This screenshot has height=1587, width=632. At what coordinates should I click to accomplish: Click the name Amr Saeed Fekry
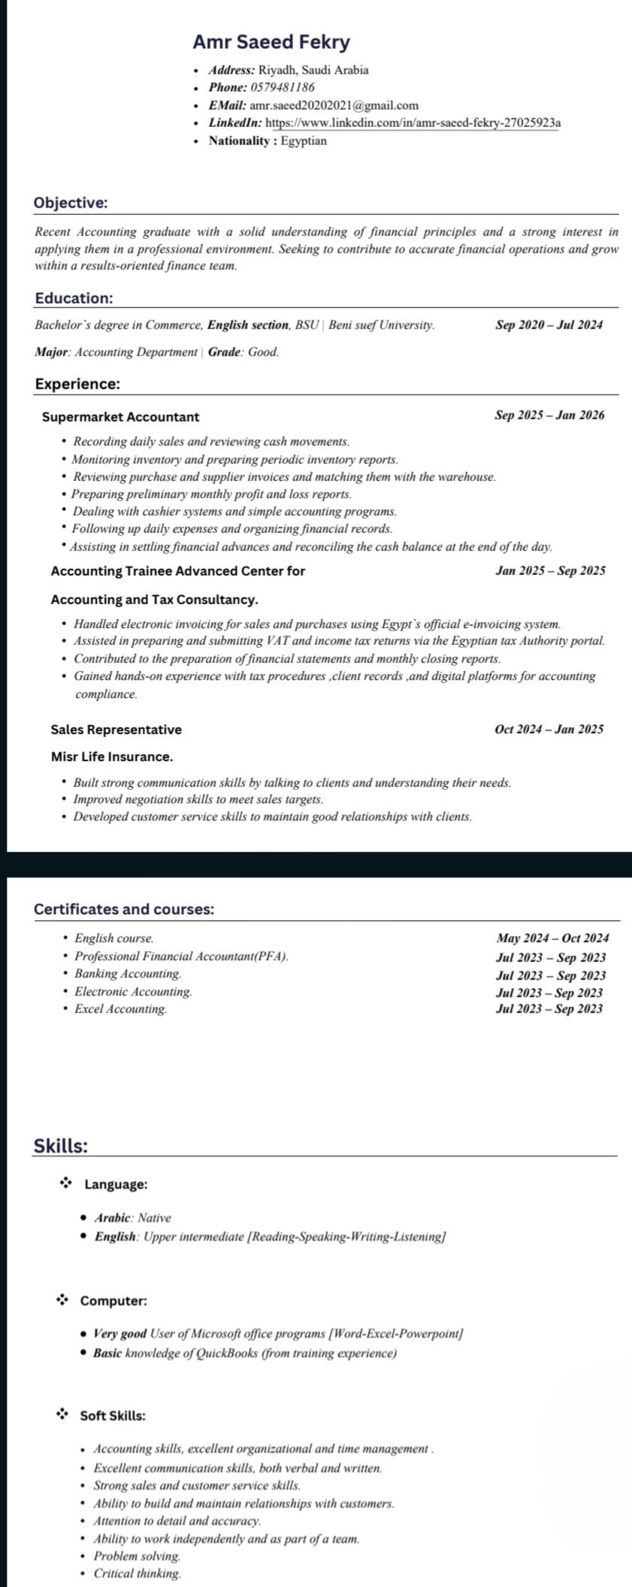(271, 42)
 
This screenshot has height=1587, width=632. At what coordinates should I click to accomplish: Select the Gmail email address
(334, 105)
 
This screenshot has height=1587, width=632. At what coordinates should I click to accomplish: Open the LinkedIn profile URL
(413, 122)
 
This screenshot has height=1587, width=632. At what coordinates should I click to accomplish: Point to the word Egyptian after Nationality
(304, 141)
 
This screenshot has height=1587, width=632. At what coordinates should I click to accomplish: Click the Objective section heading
(71, 203)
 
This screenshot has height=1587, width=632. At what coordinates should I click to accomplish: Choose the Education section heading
(74, 298)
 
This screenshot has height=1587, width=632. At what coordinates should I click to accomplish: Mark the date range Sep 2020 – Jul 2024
(549, 325)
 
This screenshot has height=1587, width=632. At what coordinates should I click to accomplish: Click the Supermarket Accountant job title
(120, 416)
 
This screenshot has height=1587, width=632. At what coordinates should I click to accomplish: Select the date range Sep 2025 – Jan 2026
(549, 416)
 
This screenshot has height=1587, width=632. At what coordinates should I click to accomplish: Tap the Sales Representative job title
(116, 730)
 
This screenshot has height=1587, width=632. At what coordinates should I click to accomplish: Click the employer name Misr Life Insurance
(111, 757)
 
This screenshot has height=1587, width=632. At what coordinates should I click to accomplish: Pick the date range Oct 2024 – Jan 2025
(549, 729)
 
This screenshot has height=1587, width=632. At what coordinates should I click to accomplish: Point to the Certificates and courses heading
(124, 909)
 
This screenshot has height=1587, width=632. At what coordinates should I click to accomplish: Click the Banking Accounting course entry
(128, 974)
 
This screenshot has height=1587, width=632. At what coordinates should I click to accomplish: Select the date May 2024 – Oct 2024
(552, 938)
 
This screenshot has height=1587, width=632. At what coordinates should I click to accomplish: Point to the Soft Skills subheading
(113, 1416)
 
